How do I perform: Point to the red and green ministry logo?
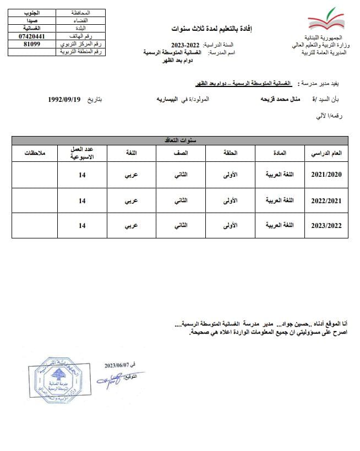click(326, 23)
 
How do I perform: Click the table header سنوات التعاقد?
click(179, 140)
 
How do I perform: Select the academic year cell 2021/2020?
click(326, 175)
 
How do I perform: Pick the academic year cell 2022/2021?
click(326, 201)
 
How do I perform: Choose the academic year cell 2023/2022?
click(326, 226)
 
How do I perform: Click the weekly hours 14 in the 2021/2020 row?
click(82, 175)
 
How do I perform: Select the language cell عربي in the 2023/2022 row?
click(131, 226)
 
